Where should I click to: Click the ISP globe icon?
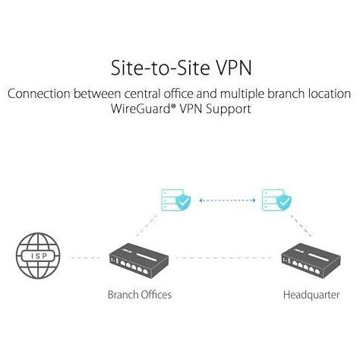point(38,256)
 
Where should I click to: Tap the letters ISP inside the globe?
point(39,256)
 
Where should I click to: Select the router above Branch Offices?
point(139,261)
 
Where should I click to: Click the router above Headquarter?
point(311,261)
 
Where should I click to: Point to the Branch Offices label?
point(140,295)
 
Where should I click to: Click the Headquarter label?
point(311,295)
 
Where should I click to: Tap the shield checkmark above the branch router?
point(183,202)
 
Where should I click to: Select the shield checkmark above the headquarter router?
point(283,202)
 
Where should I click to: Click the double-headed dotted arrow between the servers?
point(227,201)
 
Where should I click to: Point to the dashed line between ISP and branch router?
point(86,258)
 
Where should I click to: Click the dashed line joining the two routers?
point(223,258)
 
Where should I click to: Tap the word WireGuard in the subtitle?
point(141,109)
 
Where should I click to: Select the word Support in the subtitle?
point(229,109)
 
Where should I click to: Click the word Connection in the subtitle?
point(39,93)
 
